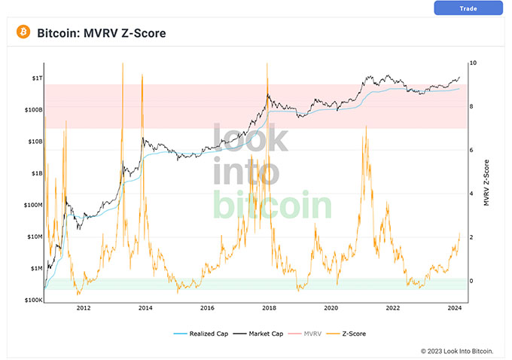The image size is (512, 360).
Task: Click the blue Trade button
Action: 468,8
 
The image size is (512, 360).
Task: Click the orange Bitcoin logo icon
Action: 23,32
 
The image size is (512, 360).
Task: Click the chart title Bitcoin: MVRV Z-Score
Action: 101,33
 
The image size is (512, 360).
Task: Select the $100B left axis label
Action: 33,110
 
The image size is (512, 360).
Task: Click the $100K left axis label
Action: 33,300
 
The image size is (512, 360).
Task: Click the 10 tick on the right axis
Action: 472,63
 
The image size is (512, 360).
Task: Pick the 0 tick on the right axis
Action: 471,281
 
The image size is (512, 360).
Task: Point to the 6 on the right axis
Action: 471,151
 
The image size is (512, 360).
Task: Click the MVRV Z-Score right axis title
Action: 486,182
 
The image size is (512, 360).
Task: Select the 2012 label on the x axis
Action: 84,309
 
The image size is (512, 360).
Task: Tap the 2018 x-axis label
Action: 269,309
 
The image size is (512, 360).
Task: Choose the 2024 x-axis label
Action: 454,309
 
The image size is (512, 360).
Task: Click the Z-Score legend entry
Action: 352,332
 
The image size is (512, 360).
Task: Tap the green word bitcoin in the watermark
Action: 273,205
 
